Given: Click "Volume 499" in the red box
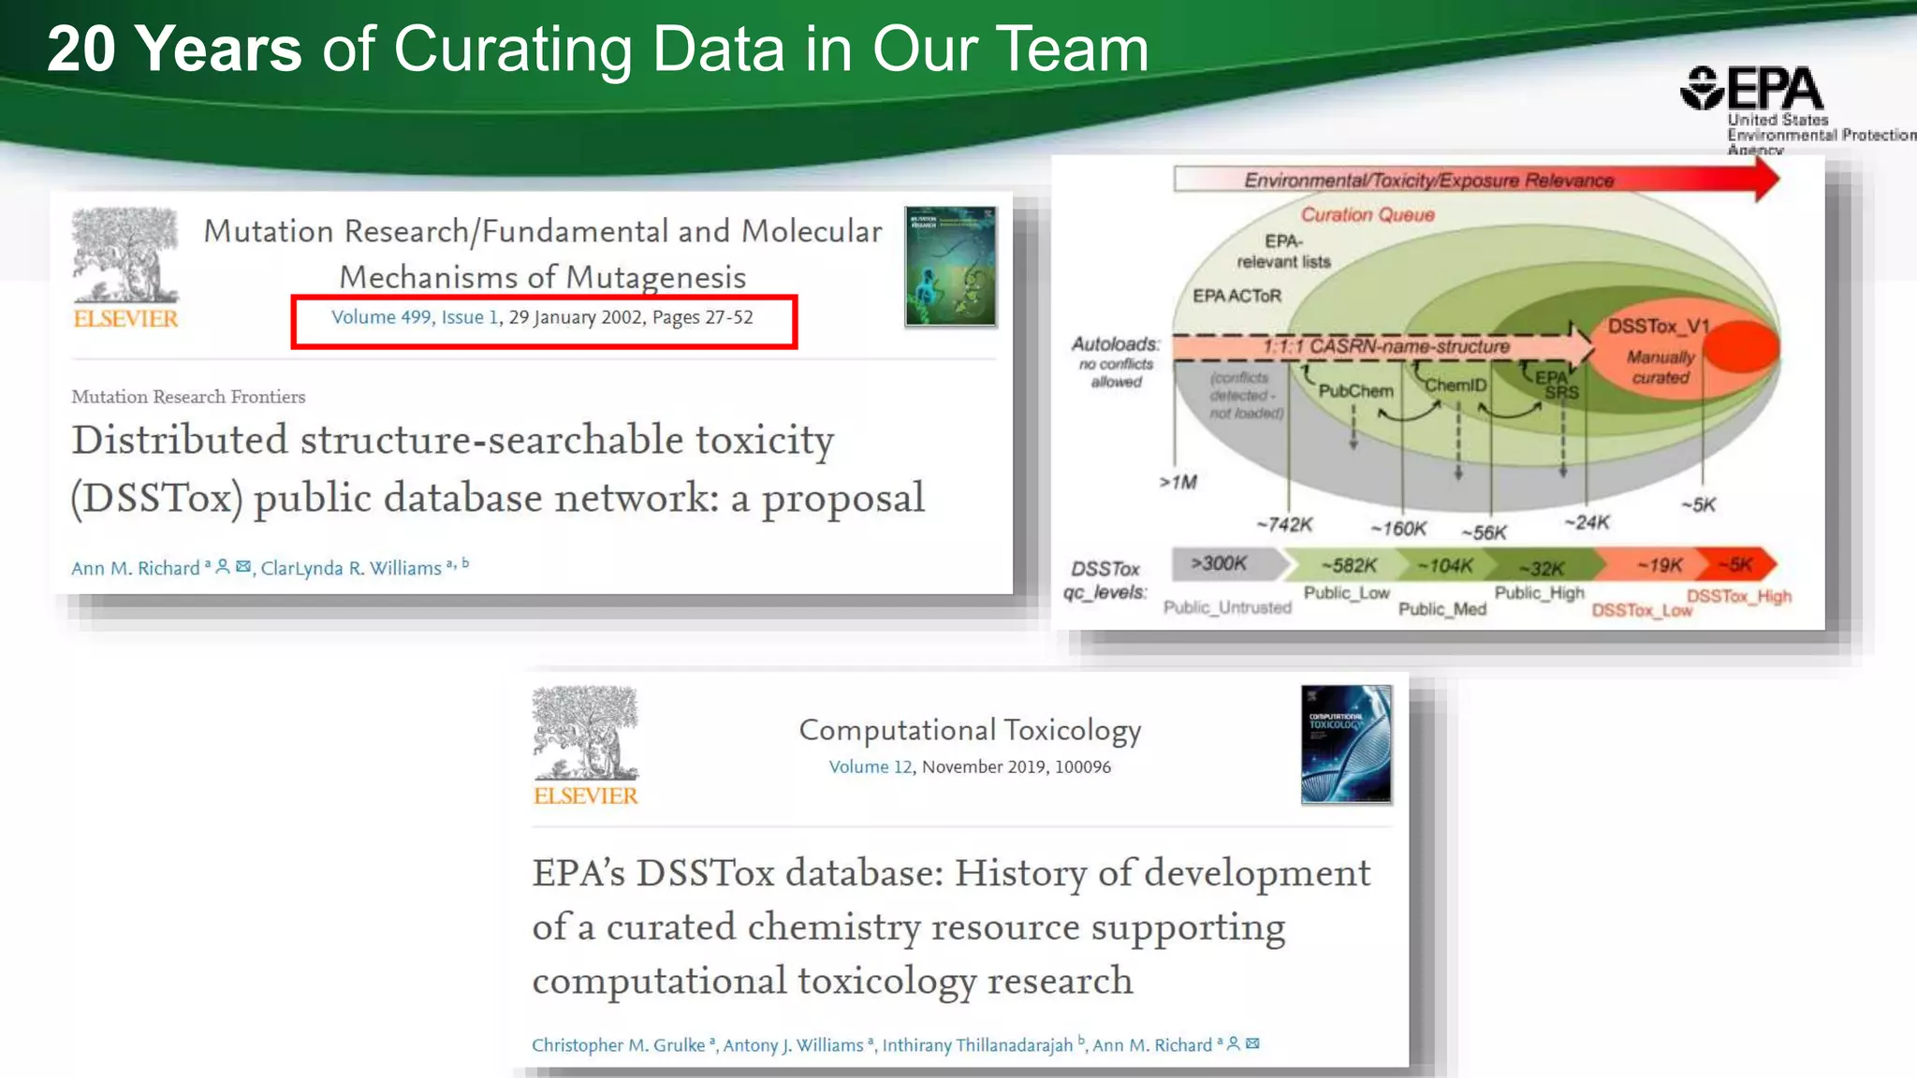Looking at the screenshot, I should (381, 317).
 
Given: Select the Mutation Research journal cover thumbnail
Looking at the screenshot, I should (950, 267).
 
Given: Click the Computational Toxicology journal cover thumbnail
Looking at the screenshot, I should (1346, 745).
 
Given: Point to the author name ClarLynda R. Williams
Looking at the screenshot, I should (351, 568).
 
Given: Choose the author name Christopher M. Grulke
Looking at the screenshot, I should (618, 1044).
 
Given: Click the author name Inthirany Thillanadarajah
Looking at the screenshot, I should (977, 1044).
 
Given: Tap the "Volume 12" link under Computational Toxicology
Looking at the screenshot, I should (870, 766).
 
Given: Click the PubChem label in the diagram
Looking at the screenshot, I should (1355, 391).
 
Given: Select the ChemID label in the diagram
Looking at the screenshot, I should (1456, 385).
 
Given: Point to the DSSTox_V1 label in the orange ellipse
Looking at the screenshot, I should (1658, 326).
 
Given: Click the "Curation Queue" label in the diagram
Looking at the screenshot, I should (1368, 215).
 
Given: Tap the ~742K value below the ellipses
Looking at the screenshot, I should (1284, 525).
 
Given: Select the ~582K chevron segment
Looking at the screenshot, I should (1348, 565).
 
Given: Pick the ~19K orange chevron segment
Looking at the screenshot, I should (1659, 565).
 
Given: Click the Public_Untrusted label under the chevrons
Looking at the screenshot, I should (1227, 608).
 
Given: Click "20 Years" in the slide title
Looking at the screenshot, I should (174, 49).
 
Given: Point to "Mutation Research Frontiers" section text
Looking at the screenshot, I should (188, 397).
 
